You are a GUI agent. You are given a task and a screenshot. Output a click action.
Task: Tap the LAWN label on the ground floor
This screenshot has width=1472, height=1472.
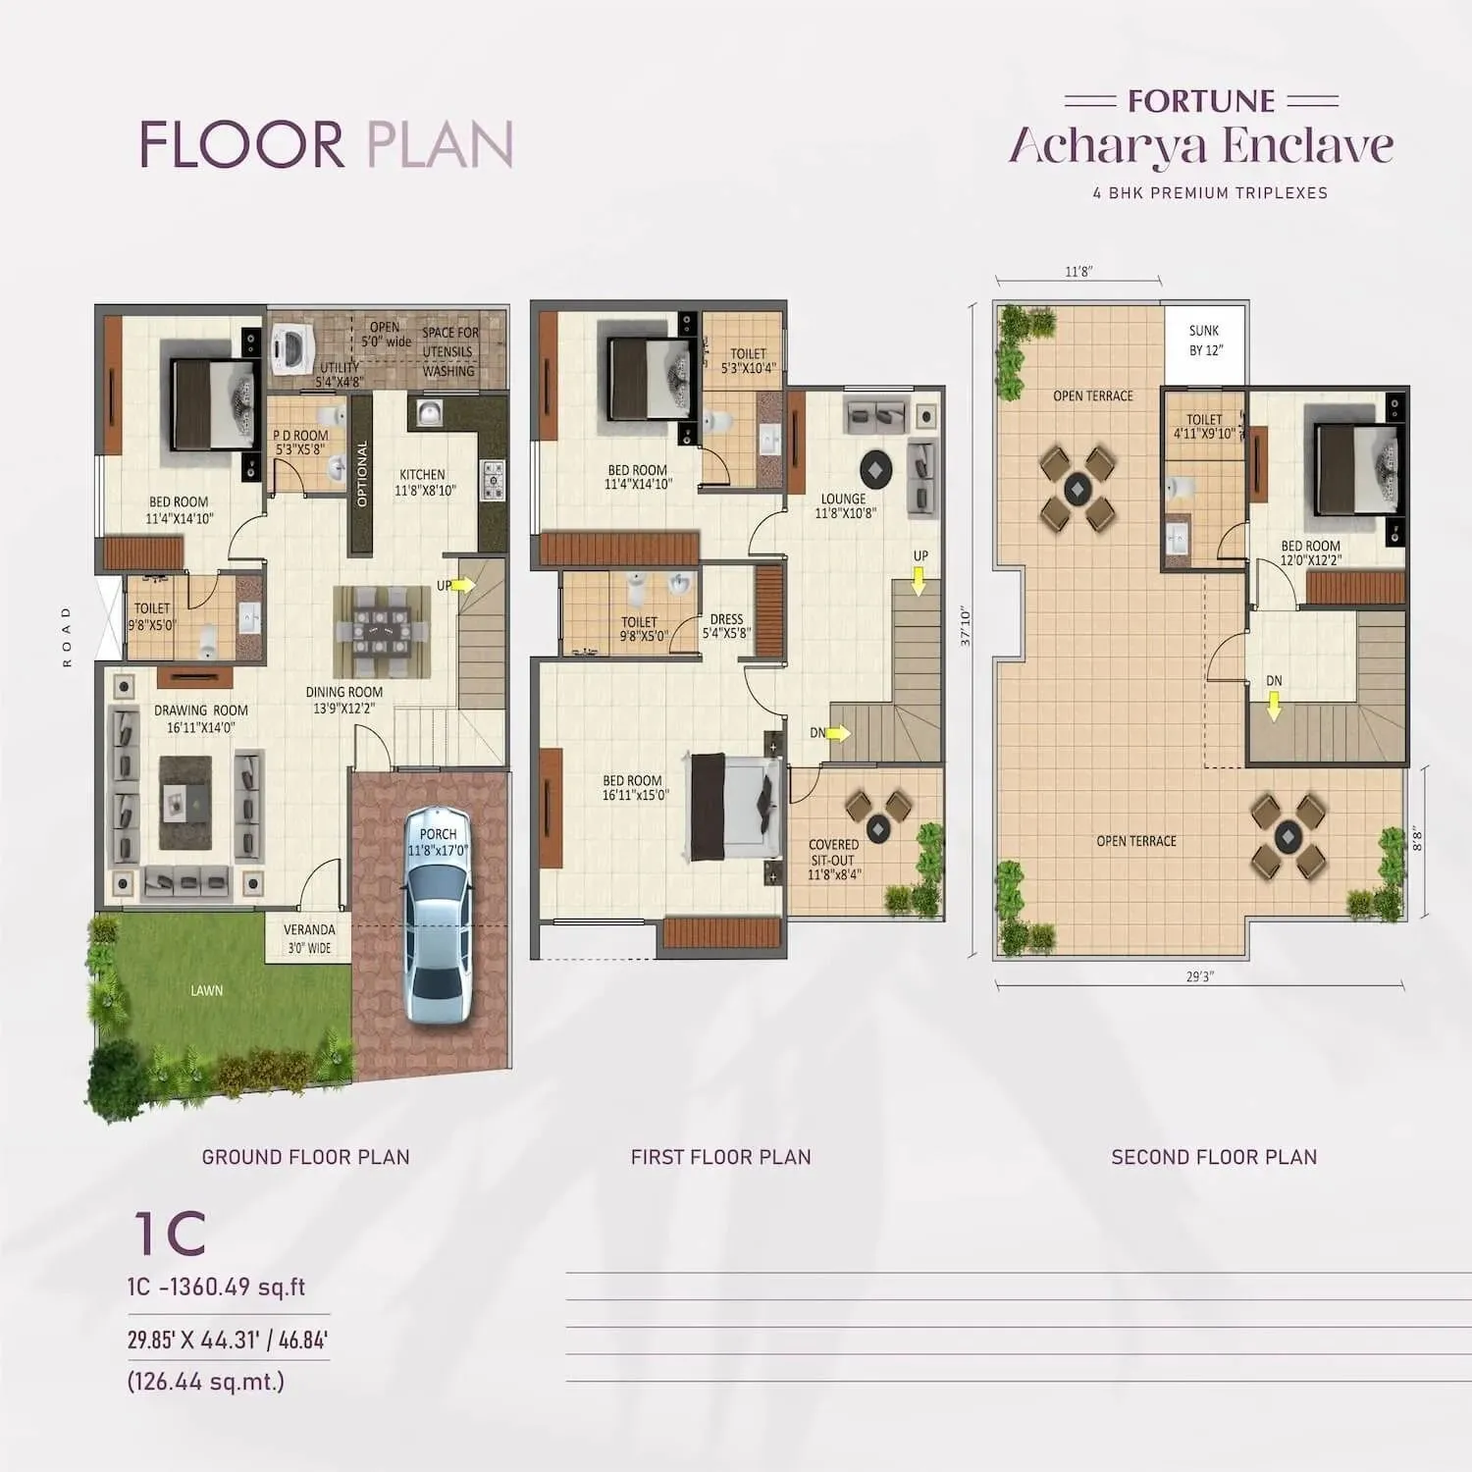tap(206, 990)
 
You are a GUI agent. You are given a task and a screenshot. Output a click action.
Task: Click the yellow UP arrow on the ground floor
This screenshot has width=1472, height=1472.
tap(464, 585)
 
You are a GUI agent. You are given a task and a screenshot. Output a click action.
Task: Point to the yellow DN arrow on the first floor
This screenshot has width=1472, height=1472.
tap(839, 732)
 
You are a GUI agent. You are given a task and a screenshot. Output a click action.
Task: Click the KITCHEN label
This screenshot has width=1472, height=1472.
tap(423, 474)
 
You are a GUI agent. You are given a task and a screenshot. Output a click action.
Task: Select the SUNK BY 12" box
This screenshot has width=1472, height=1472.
tap(1204, 341)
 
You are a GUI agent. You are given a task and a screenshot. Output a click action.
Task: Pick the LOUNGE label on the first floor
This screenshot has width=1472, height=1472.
tap(843, 499)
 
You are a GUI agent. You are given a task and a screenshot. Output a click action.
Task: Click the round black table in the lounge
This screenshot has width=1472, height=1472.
tap(875, 468)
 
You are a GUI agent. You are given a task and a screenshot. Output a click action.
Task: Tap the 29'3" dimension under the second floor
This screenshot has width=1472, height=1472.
tap(1199, 976)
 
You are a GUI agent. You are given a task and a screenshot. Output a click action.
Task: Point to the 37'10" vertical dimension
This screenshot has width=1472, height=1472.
tap(965, 626)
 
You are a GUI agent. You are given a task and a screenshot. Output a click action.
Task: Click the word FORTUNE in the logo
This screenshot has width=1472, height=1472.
tap(1201, 101)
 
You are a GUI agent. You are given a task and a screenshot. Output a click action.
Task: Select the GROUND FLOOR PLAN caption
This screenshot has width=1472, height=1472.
tap(305, 1157)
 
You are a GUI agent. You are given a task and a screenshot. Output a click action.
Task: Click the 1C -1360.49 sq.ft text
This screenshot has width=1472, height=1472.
tap(216, 1287)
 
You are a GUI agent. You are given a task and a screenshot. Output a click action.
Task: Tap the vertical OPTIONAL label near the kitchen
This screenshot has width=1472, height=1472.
tap(362, 474)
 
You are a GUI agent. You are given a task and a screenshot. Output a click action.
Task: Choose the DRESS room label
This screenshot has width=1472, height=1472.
tap(726, 619)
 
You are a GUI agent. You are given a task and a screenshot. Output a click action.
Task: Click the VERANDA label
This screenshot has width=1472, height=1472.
tap(309, 929)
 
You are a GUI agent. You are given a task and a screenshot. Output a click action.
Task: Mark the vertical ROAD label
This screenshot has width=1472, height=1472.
tap(67, 636)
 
